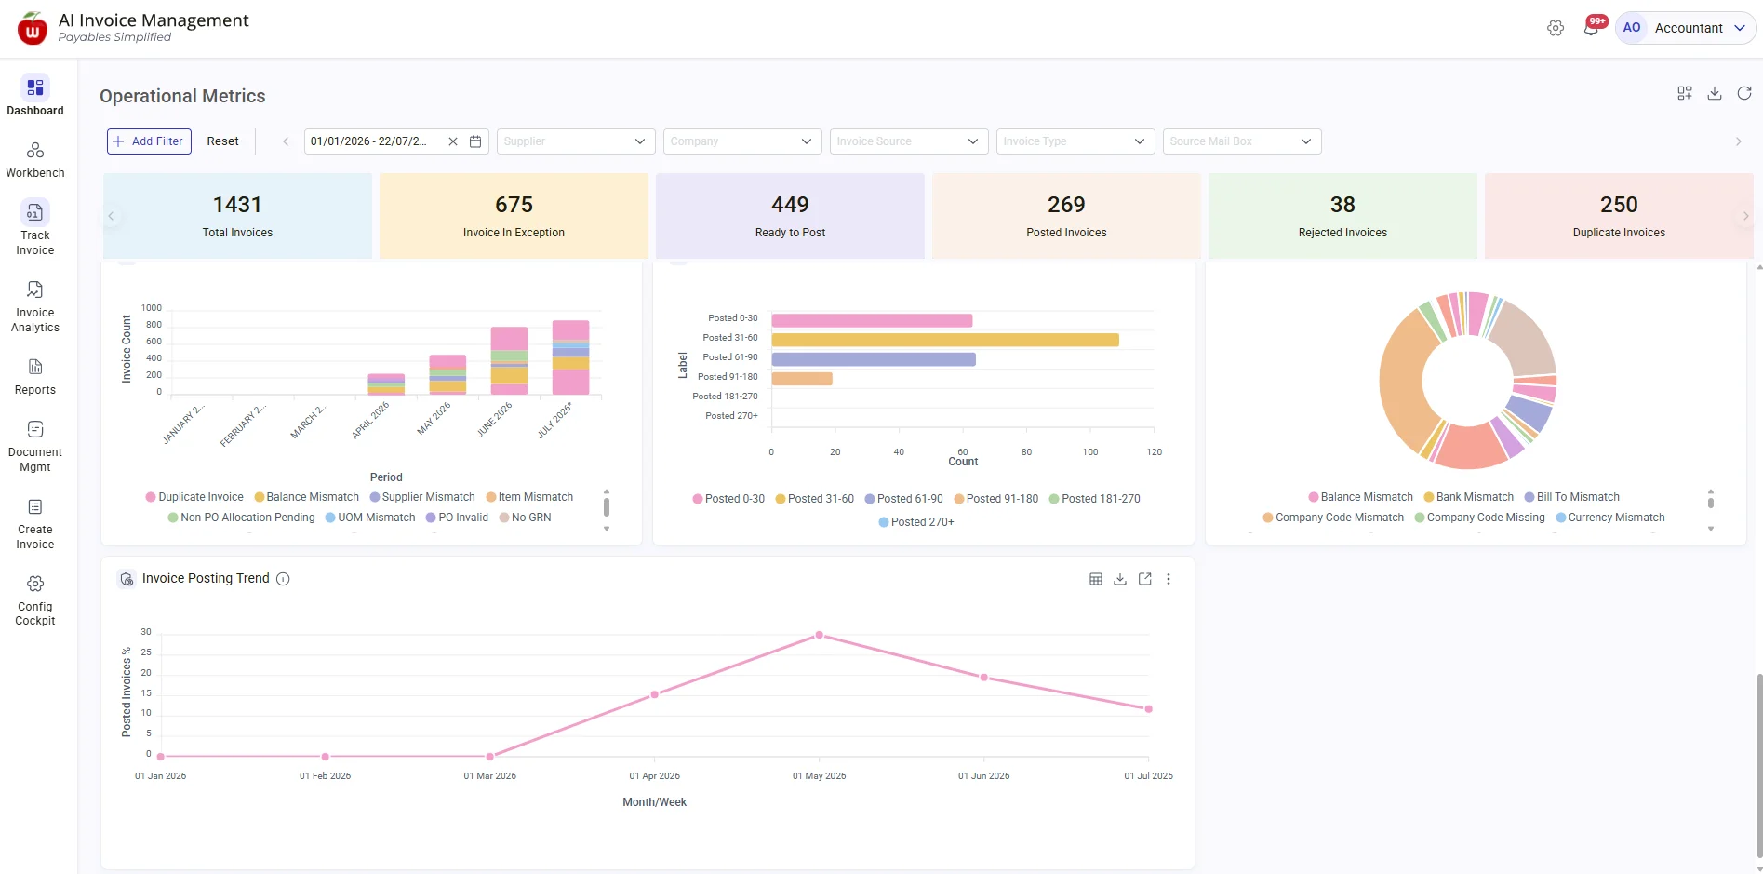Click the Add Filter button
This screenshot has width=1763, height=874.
click(x=149, y=141)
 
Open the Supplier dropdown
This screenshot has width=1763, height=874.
click(x=576, y=141)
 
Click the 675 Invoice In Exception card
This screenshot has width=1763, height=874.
click(x=514, y=216)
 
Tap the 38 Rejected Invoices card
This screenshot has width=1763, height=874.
click(x=1342, y=216)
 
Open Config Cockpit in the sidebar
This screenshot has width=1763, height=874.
click(x=35, y=600)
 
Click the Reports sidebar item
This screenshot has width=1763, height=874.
click(x=35, y=377)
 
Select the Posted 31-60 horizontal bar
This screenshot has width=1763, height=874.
click(x=945, y=340)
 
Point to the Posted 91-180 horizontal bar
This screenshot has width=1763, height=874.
click(x=802, y=379)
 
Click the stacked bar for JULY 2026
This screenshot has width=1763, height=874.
click(x=570, y=357)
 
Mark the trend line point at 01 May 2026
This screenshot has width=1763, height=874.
click(x=820, y=635)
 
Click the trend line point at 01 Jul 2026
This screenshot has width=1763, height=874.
click(x=1149, y=709)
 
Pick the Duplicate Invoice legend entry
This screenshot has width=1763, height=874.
click(x=194, y=497)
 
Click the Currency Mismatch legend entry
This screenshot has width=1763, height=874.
click(x=1610, y=518)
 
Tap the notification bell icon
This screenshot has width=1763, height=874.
click(x=1591, y=28)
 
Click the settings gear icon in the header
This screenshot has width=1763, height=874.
click(x=1556, y=28)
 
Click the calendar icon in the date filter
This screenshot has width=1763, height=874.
click(x=475, y=141)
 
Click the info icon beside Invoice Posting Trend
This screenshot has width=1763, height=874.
click(x=284, y=579)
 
